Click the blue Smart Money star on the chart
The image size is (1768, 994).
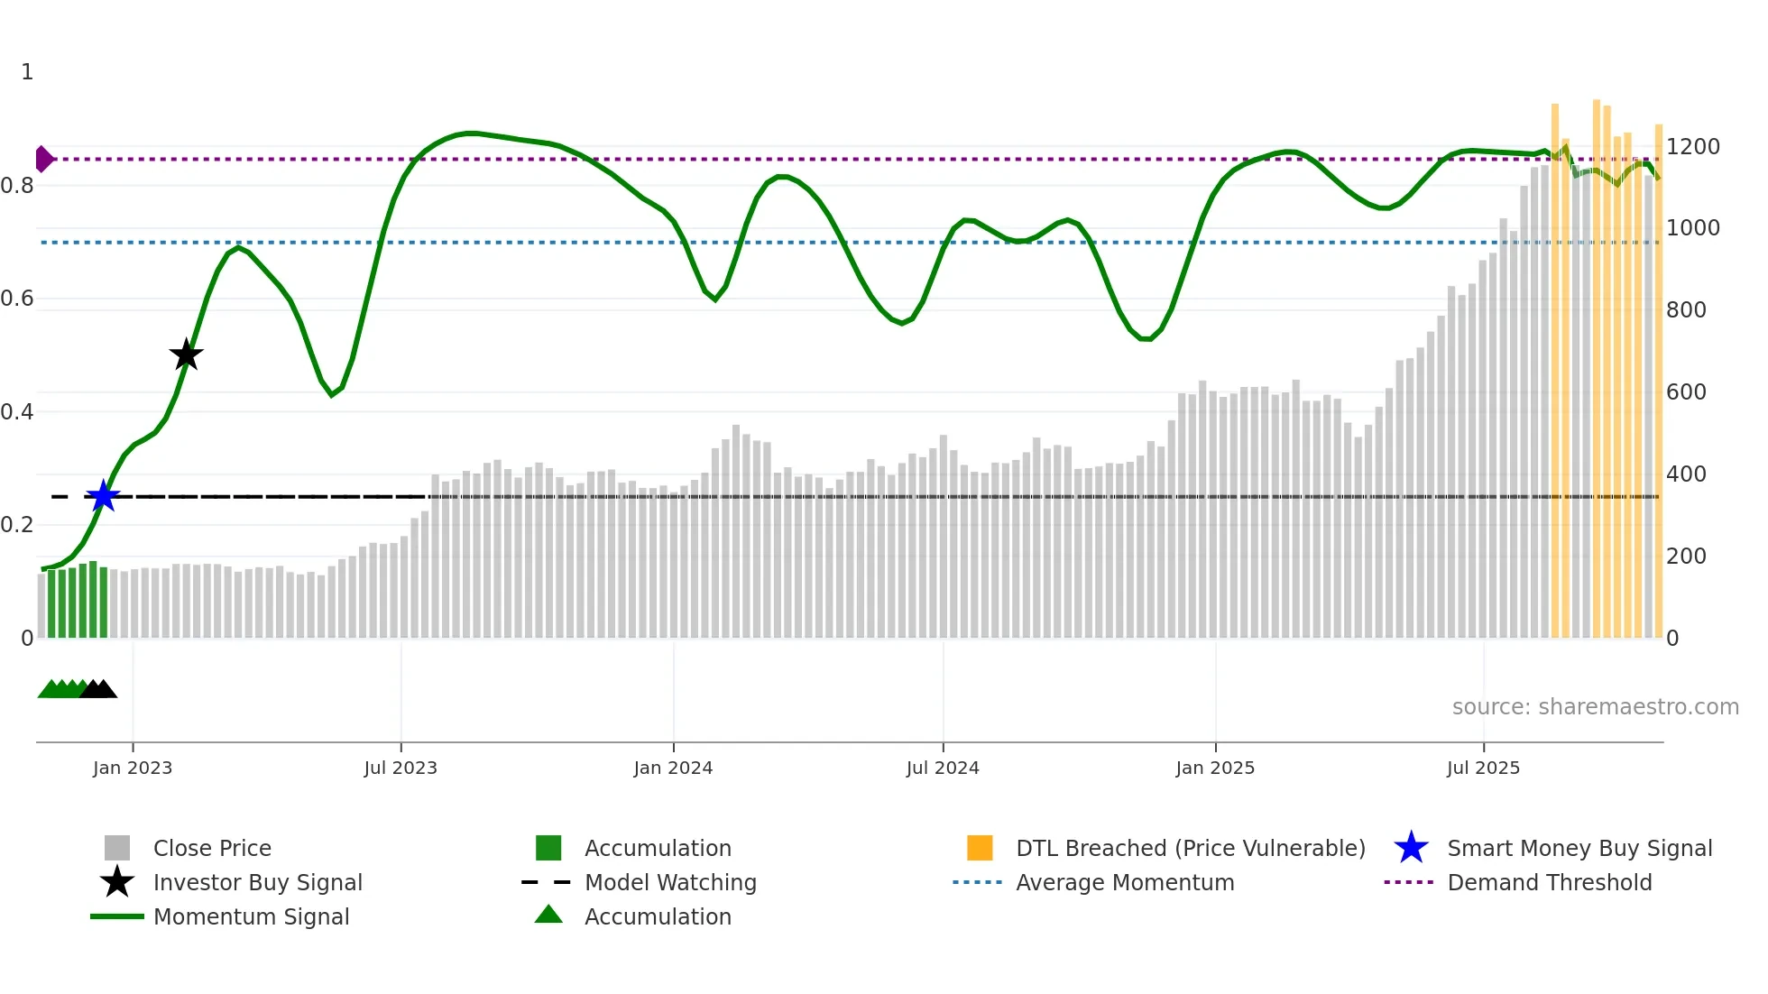103,496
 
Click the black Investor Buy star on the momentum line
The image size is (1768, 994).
186,355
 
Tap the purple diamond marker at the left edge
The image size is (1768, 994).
43,159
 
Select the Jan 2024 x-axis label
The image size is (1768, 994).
673,768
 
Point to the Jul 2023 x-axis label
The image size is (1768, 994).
401,768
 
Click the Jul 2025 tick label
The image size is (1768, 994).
1483,768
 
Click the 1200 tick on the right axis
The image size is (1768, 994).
1692,147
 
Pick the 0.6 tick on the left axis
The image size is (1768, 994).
17,299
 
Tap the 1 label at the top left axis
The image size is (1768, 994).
27,72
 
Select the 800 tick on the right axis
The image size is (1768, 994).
1686,310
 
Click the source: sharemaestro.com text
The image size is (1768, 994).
1595,707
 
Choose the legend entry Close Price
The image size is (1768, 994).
212,848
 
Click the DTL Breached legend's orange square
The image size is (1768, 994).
980,848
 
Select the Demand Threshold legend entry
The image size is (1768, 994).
1549,882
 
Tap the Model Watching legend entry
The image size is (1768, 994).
669,882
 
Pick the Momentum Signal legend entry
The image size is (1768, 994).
251,916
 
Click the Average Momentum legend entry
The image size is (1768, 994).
1124,882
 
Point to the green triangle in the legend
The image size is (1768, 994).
548,916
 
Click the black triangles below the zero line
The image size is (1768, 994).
98,689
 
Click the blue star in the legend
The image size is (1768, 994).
1411,848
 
